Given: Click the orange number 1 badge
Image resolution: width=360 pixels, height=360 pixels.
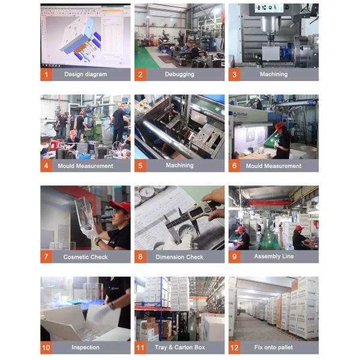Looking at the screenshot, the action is point(46,74).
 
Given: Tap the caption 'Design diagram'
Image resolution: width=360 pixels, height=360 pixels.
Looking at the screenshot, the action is point(86,74).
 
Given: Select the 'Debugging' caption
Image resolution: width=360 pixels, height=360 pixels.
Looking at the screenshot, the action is point(179,74).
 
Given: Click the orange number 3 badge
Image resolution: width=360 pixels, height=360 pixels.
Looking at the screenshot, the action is point(235,74).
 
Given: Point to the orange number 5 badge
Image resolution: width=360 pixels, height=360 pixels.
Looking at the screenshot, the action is point(140,166).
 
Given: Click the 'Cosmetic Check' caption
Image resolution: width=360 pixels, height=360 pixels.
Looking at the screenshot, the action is point(85,257).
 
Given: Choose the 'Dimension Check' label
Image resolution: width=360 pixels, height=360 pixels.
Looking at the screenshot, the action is point(179,257).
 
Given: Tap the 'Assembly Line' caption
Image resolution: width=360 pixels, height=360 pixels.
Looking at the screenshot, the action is point(274,256).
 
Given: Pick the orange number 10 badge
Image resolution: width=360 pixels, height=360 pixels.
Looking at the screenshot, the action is point(46,347).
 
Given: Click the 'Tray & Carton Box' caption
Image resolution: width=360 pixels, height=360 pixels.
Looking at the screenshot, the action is point(180,347).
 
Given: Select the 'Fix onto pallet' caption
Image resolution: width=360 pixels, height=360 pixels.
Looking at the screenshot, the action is point(274,347).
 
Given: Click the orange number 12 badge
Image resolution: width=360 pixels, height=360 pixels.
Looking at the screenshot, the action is point(235,347).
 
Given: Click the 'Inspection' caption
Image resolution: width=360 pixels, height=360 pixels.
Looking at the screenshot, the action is point(85,347).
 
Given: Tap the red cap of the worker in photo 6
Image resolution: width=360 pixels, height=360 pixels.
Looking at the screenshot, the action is point(280,126).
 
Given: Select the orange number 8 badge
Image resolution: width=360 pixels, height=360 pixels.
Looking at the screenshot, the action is point(140,257).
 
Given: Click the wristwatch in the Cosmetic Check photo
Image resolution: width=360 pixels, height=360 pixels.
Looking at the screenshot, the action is point(98,242).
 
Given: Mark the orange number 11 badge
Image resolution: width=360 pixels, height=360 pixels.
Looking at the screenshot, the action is point(140,347).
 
